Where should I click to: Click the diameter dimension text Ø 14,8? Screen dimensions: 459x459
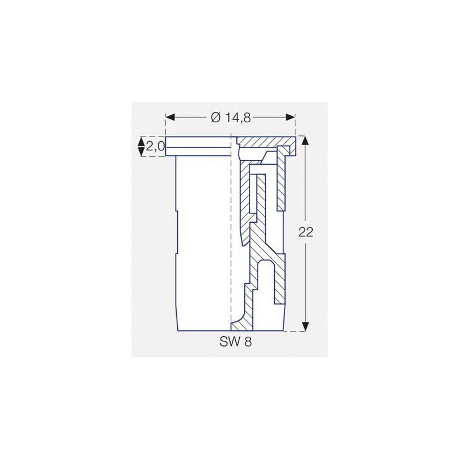(229, 117)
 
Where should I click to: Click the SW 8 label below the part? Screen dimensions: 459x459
(235, 342)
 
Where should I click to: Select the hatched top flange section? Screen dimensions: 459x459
(264, 141)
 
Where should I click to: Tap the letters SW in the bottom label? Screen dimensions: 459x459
(227, 342)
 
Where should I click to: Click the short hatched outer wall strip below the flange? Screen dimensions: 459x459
(281, 184)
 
